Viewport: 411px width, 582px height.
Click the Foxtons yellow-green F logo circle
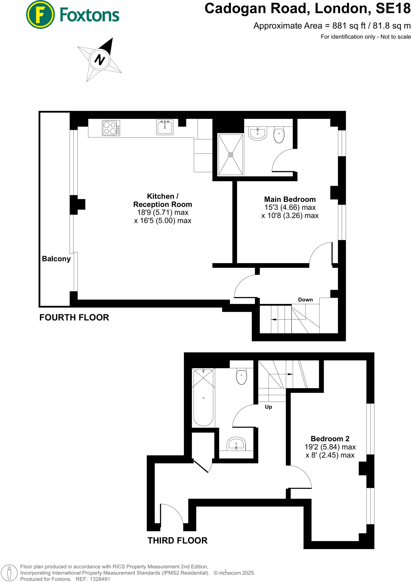[40, 14]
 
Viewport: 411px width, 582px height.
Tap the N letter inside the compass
[99, 60]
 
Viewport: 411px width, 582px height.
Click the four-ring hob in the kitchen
[111, 128]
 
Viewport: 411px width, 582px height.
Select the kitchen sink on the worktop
[165, 127]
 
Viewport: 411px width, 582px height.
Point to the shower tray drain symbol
[231, 155]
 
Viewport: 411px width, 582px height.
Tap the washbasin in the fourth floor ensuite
[258, 134]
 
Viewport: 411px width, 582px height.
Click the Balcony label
[56, 259]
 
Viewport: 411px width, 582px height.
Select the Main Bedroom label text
[290, 199]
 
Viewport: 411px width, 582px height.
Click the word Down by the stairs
[305, 300]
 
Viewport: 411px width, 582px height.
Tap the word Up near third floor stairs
[268, 407]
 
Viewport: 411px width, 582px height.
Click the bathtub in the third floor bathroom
[203, 397]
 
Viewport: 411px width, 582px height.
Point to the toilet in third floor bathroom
[241, 377]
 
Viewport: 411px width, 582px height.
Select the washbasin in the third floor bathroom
[236, 444]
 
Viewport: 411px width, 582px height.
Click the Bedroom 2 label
[330, 438]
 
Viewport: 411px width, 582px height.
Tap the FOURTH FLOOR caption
[74, 317]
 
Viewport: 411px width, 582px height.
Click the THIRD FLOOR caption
[177, 540]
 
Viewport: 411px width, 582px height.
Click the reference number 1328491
[100, 579]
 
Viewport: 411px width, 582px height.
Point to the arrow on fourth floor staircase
[274, 319]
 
